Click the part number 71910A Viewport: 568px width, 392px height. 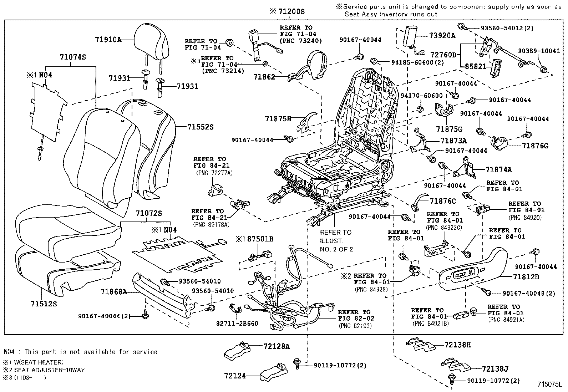point(108,40)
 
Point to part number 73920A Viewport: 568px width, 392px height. point(442,36)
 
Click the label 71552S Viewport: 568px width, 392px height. point(200,127)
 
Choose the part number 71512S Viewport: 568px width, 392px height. point(44,304)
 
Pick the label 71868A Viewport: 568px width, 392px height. point(114,292)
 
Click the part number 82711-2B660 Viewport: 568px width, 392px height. point(237,324)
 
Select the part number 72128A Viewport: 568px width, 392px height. point(277,346)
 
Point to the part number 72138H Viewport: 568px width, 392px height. point(458,345)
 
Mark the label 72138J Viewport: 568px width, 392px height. point(495,369)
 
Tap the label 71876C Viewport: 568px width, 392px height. point(443,202)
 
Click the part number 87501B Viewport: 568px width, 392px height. point(260,239)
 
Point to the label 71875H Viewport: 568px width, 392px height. point(278,118)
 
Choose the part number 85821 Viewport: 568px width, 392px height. point(473,66)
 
